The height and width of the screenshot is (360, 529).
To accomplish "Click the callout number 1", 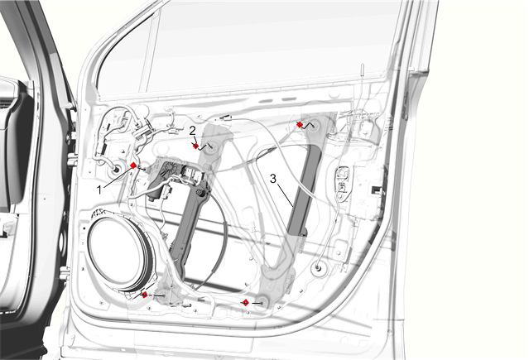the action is coord(99,190).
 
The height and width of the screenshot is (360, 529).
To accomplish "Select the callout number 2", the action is coord(192,131).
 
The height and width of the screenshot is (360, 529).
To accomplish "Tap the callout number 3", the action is coord(273,179).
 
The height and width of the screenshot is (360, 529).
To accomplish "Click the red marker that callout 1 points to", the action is coord(133,166).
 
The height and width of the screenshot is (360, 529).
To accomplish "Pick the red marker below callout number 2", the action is coord(195,146).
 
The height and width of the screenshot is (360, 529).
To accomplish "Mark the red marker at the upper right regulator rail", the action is coord(299,124).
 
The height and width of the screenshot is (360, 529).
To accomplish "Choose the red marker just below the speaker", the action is coord(144,295).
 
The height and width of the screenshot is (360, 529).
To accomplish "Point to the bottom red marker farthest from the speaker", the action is coord(246,303).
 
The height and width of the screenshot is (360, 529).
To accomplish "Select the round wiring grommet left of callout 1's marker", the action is coord(116,170).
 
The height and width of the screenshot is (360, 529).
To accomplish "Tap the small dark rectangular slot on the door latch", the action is coord(375,190).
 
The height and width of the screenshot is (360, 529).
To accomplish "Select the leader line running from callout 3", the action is coord(285,194).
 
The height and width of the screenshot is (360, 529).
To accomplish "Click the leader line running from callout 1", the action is coord(118,177).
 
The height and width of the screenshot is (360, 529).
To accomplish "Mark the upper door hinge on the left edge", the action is coord(71,159).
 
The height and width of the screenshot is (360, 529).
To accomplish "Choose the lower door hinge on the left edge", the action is coord(65,273).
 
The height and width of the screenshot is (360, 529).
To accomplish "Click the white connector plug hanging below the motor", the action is coord(166,192).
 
